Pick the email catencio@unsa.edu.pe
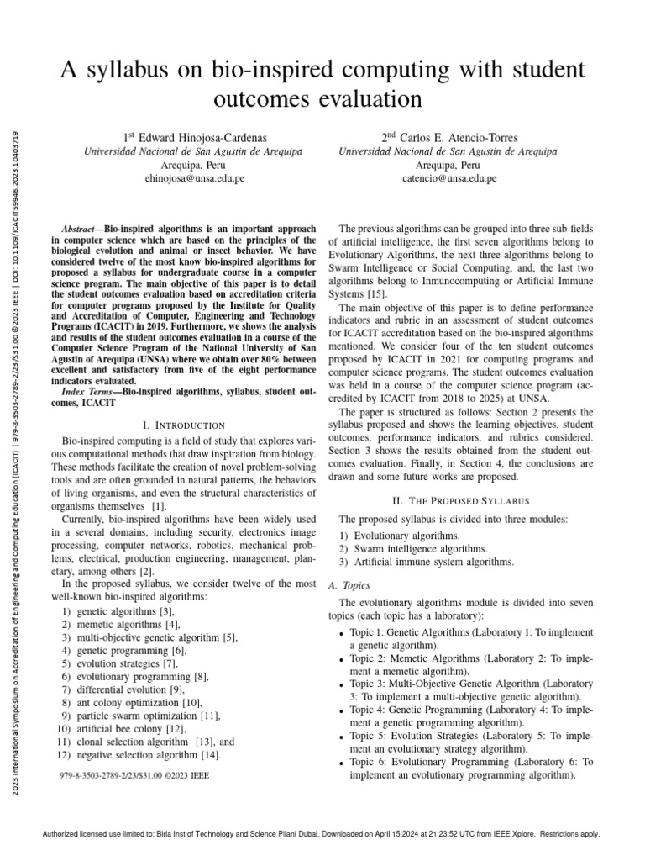pos(448,178)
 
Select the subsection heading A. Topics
pos(349,584)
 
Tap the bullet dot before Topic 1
pos(341,634)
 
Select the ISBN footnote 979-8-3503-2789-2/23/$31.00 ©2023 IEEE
pos(134,776)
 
